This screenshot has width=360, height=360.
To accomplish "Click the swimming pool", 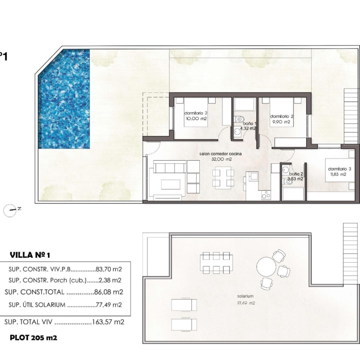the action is pos(64,99).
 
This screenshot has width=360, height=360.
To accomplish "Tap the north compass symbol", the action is pos(10,210).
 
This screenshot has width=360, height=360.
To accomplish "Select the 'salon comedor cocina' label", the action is pos(221,154).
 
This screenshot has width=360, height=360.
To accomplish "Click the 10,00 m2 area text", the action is pos(196,119).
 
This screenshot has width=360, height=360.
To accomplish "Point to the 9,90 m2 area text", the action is pos(281,122).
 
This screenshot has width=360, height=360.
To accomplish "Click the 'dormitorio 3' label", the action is pos(340,169).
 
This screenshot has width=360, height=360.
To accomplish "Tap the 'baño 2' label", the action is pos(296,174).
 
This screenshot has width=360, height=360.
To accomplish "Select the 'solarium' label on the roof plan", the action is pos(246,296).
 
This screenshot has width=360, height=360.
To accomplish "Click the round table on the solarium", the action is pos(266,267).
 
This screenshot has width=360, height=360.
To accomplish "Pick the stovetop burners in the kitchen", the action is pos(266,195).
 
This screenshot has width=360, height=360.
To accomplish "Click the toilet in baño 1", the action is pos(239,119).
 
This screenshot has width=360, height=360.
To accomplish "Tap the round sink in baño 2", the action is pos(285,170).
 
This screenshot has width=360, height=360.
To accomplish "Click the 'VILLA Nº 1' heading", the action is pos(30,255).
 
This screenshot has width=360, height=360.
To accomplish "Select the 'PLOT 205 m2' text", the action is pos(33,337).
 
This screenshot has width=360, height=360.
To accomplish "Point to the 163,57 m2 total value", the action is pos(108,322).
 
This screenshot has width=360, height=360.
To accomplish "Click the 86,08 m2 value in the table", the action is pos(108,292).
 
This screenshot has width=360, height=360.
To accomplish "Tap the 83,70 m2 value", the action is pos(108,269).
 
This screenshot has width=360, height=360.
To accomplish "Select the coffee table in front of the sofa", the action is pos(170,184).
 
